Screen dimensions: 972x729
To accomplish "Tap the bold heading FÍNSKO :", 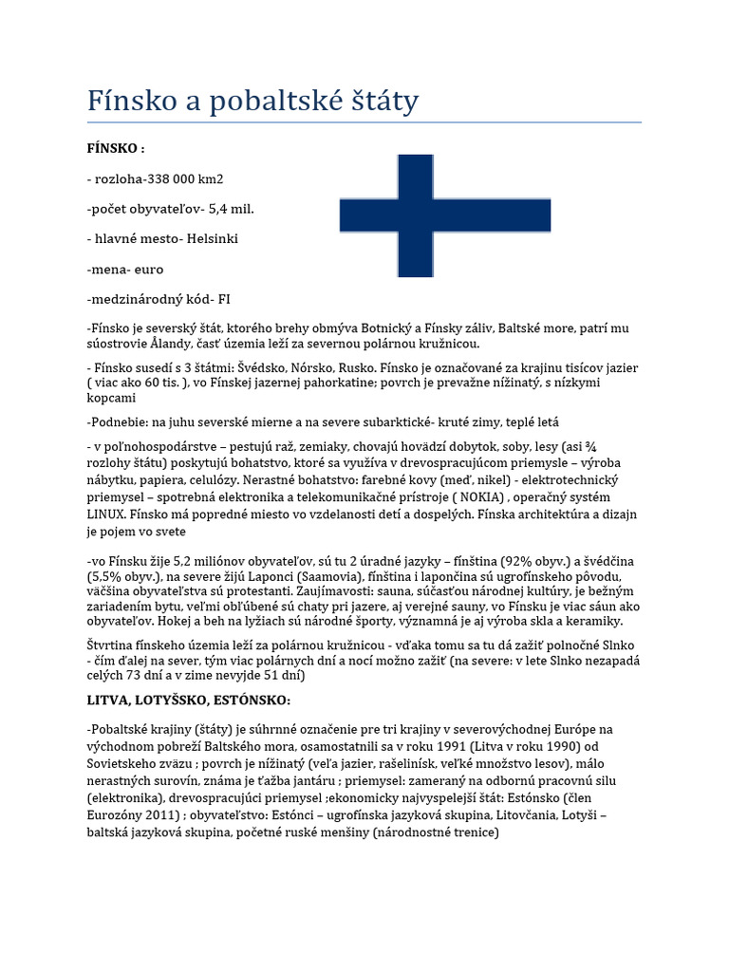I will (x=116, y=149).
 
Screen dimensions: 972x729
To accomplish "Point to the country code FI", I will (x=224, y=299).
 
